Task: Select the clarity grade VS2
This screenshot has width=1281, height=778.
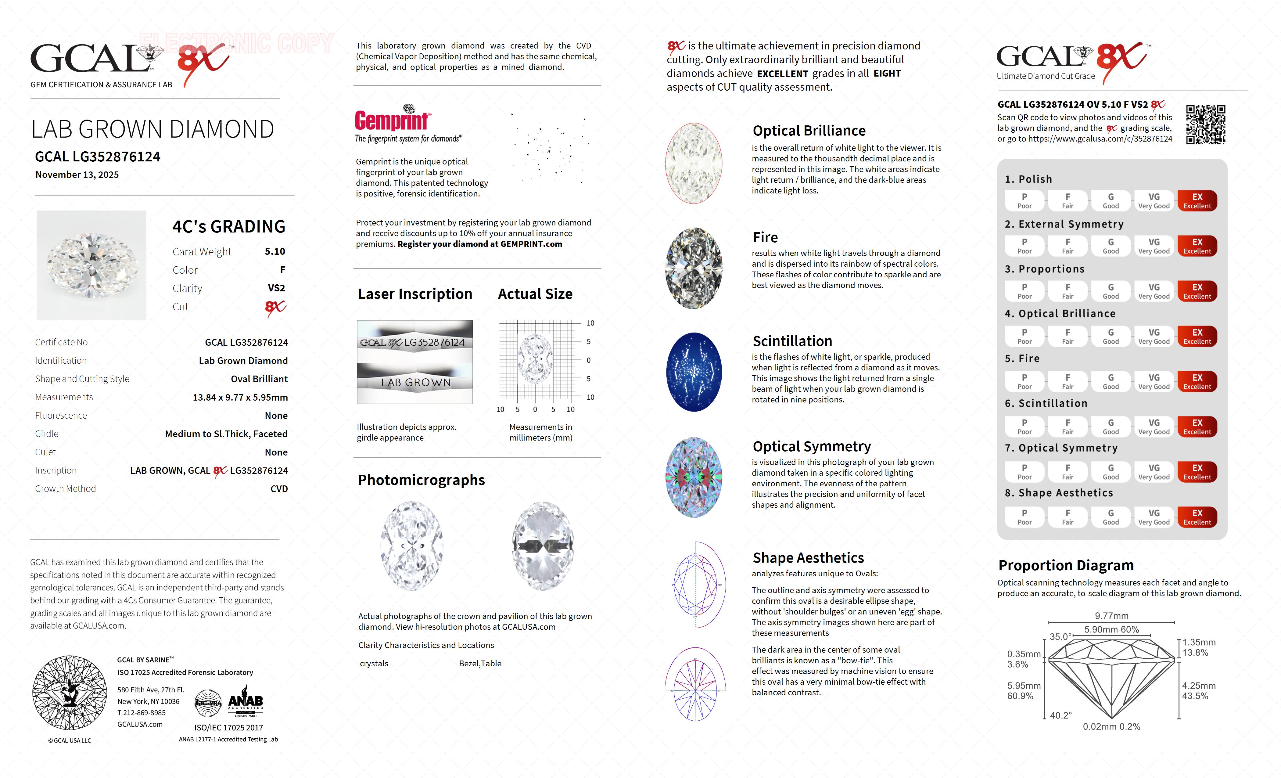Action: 276,288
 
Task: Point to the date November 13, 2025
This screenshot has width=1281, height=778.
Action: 77,175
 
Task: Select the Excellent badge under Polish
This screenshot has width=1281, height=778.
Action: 1197,201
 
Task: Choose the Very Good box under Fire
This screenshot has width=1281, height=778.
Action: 1154,382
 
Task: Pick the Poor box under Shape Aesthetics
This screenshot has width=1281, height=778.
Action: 1024,517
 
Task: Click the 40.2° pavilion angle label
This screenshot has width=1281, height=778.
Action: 1060,715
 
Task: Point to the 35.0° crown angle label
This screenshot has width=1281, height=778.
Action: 1060,636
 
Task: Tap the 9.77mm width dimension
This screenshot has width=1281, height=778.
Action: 1111,616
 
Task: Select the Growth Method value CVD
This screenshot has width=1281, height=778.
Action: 279,489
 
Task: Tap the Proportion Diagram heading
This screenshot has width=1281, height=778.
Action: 1066,565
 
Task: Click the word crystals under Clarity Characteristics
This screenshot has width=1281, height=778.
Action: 374,664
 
